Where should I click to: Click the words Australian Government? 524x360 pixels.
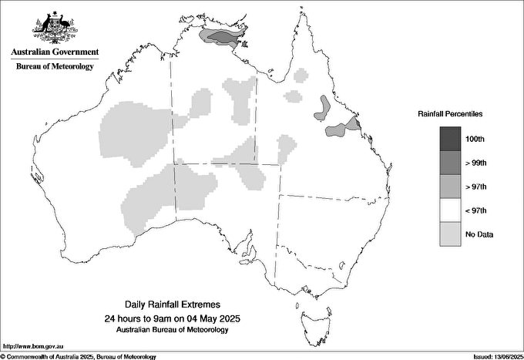point(55,52)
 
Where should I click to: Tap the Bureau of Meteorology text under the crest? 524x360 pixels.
point(55,66)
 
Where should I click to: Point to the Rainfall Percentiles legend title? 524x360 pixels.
point(450,113)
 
